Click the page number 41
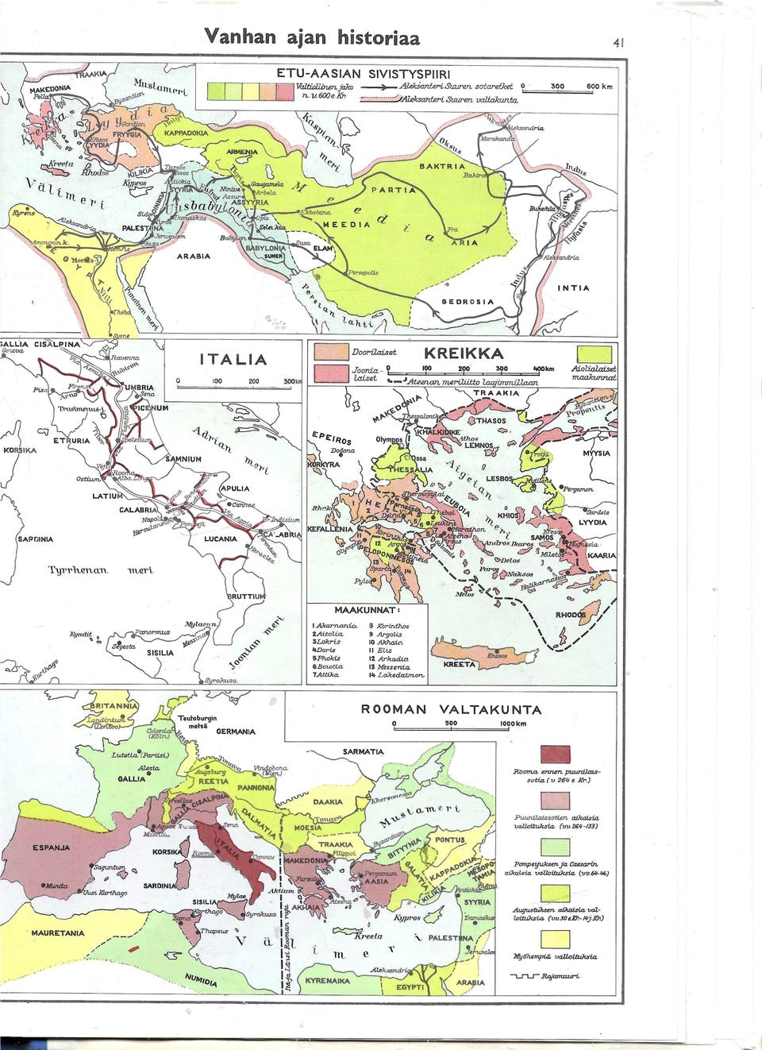[x=618, y=43]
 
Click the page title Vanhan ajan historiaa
[x=312, y=37]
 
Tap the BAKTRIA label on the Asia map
[x=442, y=168]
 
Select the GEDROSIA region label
[x=468, y=302]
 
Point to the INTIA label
[x=573, y=288]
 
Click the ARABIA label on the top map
[x=194, y=257]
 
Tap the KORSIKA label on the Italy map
[x=21, y=450]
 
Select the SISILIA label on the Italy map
[x=160, y=653]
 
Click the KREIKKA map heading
[x=464, y=353]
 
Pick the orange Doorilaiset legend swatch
[x=331, y=352]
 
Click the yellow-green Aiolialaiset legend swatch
[x=594, y=353]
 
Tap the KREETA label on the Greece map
[x=459, y=664]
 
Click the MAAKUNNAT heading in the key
[x=366, y=610]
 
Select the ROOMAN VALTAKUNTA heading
[x=451, y=709]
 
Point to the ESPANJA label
[x=52, y=847]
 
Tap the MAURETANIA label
[x=57, y=933]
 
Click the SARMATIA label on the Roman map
[x=363, y=751]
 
